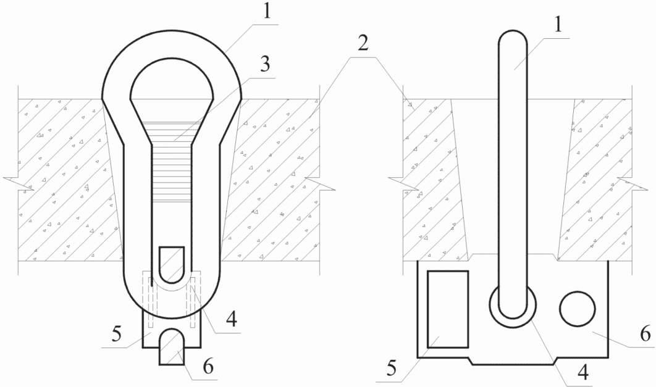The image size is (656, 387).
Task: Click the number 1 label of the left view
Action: [266, 12]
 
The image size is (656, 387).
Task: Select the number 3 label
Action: [264, 64]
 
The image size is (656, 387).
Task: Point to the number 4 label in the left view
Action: [231, 318]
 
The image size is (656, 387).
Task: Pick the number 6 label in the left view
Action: [208, 367]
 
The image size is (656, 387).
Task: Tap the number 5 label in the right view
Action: [390, 368]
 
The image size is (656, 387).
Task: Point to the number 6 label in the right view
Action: [645, 335]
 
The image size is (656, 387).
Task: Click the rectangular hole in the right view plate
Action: [448, 309]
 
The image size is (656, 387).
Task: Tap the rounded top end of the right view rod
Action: [513, 37]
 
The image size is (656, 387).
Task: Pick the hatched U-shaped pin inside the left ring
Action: [172, 264]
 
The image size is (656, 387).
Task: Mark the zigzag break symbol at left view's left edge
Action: [12, 182]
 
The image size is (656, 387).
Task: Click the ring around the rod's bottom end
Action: [513, 325]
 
